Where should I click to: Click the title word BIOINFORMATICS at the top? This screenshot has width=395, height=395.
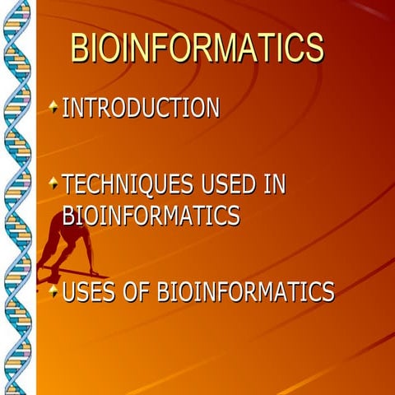click(197, 49)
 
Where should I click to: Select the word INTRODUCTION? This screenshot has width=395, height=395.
click(141, 108)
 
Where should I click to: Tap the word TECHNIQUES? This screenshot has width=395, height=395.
click(122, 184)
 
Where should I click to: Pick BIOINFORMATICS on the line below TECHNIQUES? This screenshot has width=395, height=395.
click(151, 216)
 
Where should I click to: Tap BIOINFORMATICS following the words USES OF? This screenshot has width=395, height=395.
click(246, 291)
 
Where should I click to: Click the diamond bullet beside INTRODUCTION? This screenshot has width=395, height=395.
click(53, 106)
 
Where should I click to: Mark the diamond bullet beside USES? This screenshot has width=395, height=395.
click(53, 290)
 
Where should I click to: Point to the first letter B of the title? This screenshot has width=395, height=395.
click(81, 49)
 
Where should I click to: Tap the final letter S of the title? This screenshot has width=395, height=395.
click(313, 49)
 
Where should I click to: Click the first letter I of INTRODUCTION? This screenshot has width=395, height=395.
click(66, 108)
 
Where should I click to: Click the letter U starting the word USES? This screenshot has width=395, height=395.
click(70, 291)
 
